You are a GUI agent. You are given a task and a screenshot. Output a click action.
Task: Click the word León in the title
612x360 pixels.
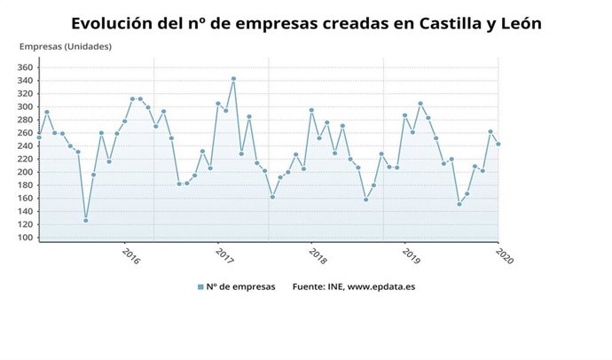(x=516, y=22)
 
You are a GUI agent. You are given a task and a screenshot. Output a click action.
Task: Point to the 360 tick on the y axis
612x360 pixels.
(x=25, y=67)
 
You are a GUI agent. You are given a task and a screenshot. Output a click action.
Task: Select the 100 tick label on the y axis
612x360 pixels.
(x=25, y=238)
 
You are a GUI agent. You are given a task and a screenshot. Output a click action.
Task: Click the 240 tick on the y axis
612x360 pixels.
(x=25, y=146)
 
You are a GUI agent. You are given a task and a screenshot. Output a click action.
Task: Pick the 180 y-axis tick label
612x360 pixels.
(x=25, y=185)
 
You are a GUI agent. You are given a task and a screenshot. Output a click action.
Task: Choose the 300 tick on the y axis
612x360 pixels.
(x=25, y=106)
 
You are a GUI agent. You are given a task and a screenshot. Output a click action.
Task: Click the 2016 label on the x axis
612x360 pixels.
(x=130, y=257)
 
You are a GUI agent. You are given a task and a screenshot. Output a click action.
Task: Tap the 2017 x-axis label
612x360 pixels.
(x=224, y=257)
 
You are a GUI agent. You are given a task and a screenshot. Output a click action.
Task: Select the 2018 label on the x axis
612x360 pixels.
(x=318, y=257)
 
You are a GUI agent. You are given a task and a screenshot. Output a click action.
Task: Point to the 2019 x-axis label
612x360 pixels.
(x=411, y=257)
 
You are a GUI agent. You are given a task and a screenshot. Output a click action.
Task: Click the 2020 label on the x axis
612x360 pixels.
(x=504, y=257)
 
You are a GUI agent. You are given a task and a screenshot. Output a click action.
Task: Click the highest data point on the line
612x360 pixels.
(x=233, y=79)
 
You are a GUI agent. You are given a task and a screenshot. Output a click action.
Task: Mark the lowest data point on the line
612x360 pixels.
(x=85, y=220)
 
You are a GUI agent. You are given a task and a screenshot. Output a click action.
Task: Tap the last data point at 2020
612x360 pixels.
(x=498, y=144)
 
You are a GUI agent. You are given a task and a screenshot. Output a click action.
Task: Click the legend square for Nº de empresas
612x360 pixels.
(x=201, y=286)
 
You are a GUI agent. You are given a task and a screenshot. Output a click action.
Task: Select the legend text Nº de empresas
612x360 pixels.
(x=241, y=286)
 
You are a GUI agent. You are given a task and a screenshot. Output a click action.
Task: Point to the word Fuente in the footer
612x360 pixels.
(x=310, y=286)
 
